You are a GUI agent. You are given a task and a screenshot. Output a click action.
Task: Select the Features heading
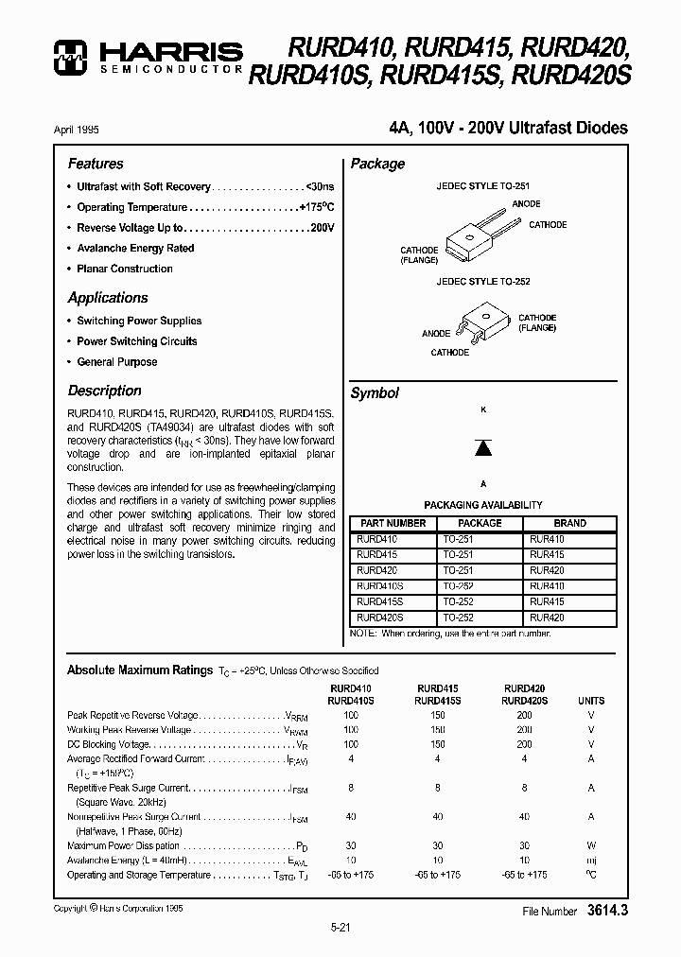pos(96,164)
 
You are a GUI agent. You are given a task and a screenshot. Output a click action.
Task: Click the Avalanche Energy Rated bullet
pos(135,249)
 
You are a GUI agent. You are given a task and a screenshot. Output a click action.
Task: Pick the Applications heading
pos(108,297)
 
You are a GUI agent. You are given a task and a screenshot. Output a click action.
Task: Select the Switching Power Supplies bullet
pos(139,322)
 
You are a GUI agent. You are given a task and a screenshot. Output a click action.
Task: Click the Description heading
pos(104,391)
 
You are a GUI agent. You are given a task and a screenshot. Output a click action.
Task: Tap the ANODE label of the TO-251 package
pos(526,204)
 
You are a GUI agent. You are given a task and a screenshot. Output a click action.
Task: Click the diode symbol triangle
pos(483,447)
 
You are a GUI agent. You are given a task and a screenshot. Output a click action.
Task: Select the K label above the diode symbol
pos(483,410)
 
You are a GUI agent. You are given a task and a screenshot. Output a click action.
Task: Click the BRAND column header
pos(569,523)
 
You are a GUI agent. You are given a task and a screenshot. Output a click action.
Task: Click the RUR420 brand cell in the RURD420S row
pos(547,618)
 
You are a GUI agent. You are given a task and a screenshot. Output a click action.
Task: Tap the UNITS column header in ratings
pos(591,701)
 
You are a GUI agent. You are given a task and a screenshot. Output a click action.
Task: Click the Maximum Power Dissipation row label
pos(123,846)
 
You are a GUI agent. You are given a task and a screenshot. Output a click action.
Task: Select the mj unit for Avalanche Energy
pos(591,861)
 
